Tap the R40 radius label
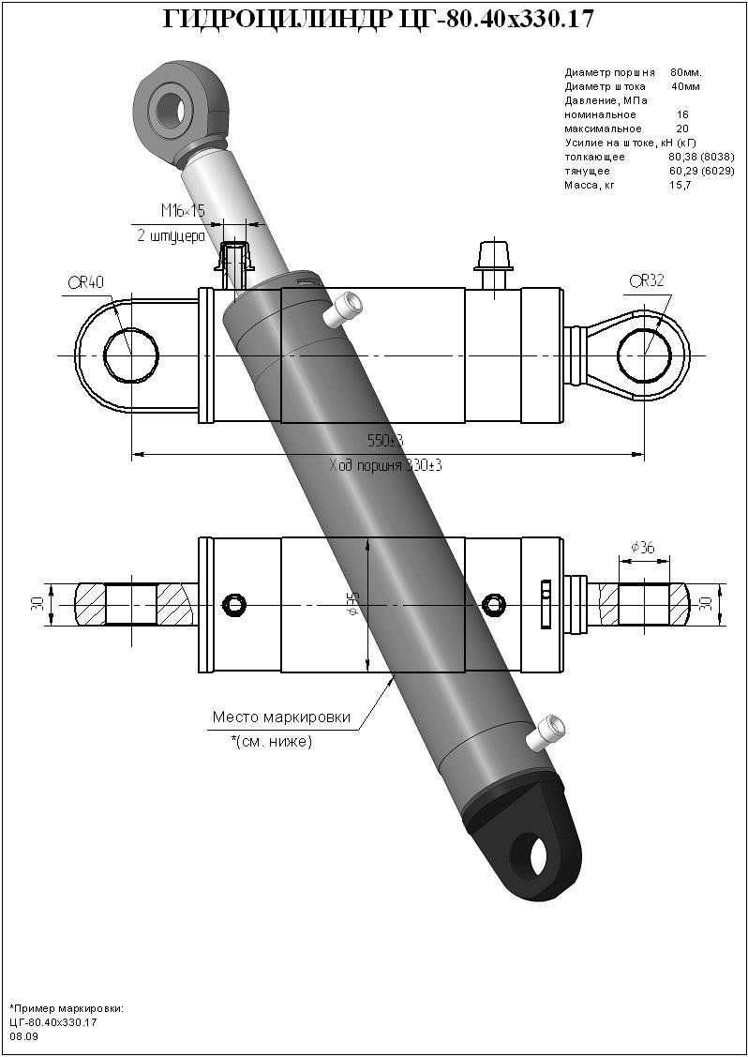(85, 281)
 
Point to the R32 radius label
(646, 279)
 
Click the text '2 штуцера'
(171, 236)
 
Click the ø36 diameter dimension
(642, 547)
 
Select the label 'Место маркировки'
(281, 717)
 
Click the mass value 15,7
(680, 185)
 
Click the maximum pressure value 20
(681, 128)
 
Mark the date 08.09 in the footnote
(23, 1036)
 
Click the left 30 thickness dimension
(37, 604)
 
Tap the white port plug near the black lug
(547, 731)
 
